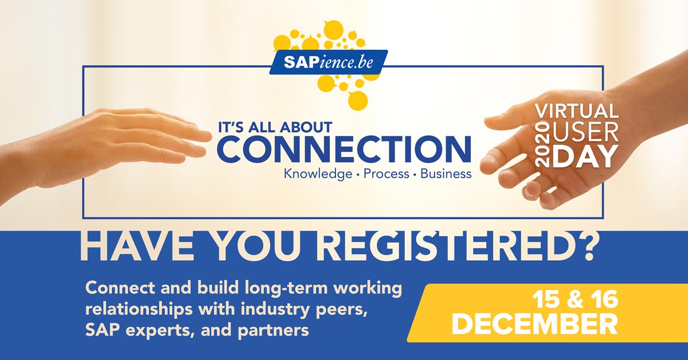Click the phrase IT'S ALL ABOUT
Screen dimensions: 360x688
click(275, 127)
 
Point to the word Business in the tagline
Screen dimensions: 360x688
click(446, 173)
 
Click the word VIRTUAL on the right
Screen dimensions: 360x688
click(576, 111)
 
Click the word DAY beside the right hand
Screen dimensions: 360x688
click(585, 156)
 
